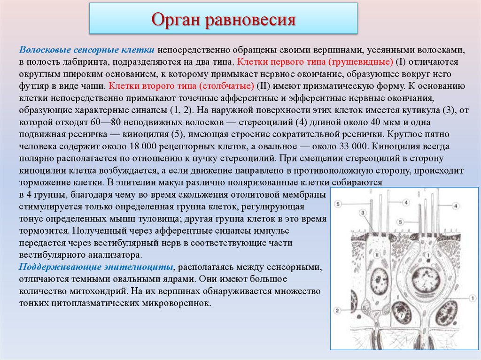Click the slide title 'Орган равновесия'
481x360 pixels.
(x=223, y=20)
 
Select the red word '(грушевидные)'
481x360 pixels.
(x=363, y=62)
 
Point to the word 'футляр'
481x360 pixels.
(x=35, y=86)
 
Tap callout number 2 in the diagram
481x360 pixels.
(x=338, y=310)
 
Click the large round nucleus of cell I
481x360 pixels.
(x=426, y=277)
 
